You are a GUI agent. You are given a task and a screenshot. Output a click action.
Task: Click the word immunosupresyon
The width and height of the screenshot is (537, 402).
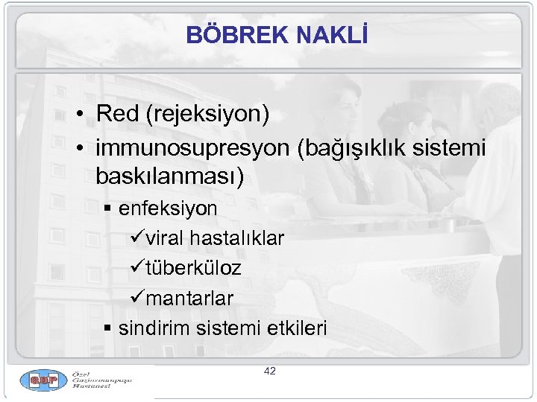tap(192, 148)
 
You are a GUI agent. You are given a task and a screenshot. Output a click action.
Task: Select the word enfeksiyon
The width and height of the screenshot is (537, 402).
tap(168, 208)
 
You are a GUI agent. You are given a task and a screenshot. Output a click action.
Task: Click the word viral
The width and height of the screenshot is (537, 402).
tap(166, 238)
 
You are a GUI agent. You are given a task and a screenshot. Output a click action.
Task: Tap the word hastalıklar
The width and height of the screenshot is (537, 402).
tap(237, 238)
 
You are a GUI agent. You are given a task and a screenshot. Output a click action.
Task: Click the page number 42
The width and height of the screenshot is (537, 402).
tap(269, 371)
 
